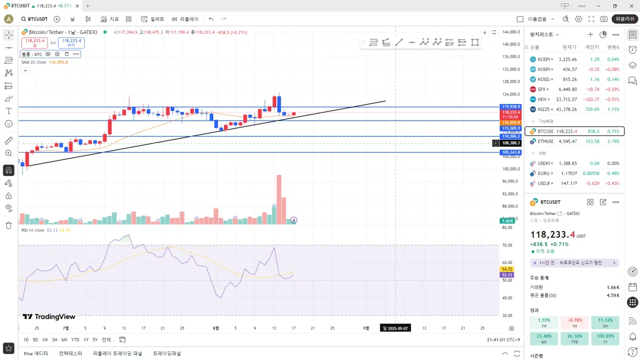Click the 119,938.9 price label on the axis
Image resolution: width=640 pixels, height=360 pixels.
511,107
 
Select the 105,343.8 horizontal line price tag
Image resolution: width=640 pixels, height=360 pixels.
511,153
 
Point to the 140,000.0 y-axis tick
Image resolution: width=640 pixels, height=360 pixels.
511,44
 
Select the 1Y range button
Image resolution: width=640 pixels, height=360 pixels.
86,340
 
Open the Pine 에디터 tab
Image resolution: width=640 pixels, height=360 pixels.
36,353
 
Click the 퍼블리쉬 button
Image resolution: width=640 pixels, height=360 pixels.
625,19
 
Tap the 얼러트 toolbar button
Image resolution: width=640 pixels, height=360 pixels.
153,19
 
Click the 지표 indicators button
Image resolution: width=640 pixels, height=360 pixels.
110,19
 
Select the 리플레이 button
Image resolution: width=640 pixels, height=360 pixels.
185,19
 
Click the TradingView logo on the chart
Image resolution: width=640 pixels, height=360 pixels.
49,317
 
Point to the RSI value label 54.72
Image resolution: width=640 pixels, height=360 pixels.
507,269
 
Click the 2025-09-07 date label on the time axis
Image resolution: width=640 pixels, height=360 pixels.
395,329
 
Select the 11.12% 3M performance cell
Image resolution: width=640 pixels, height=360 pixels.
605,323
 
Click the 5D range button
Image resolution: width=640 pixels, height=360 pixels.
35,340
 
